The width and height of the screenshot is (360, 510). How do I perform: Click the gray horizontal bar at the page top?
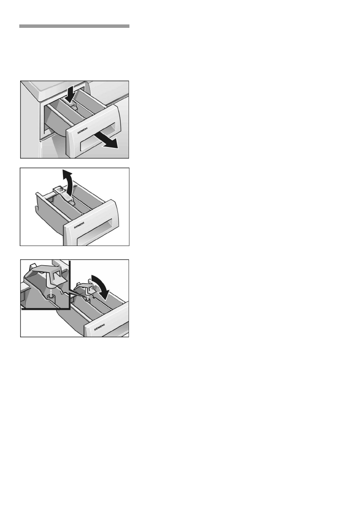pyautogui.click(x=74, y=26)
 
